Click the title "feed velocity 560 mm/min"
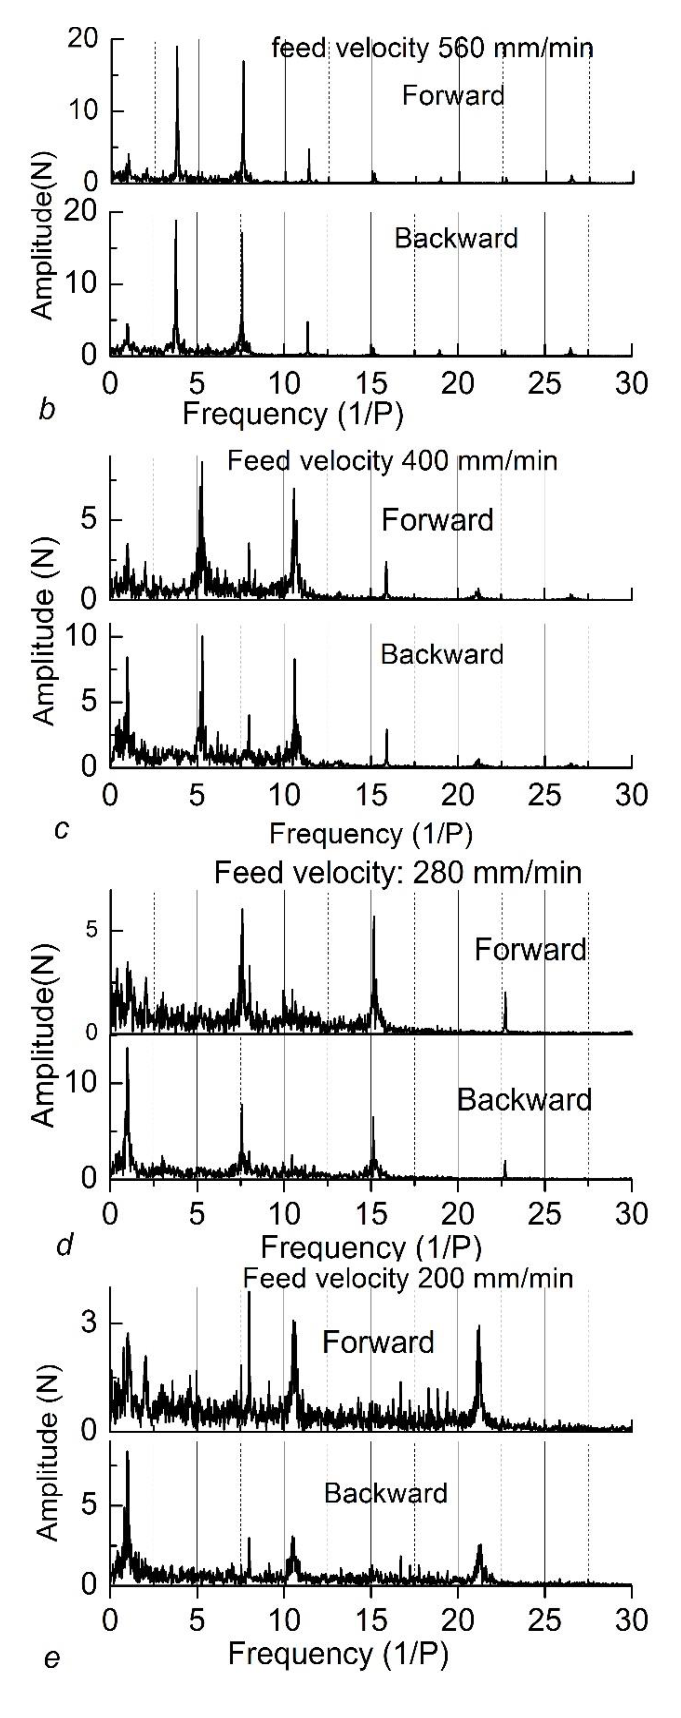tap(432, 49)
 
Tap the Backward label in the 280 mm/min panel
tap(524, 1100)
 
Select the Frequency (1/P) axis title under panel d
tap(371, 1246)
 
